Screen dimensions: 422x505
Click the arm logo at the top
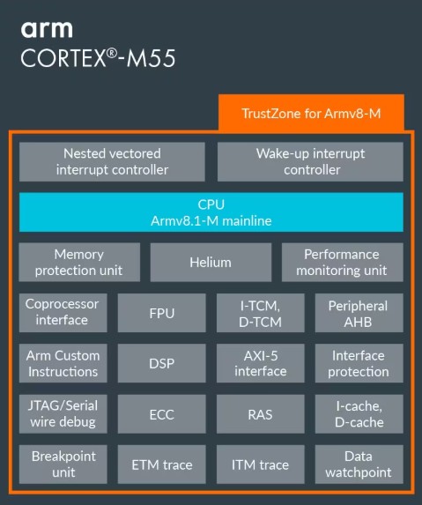pos(47,30)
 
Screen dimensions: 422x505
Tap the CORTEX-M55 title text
pos(98,58)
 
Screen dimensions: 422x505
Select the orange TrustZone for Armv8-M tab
pos(311,113)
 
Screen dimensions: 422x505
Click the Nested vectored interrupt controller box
pos(112,161)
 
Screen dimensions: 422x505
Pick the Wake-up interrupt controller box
pos(310,161)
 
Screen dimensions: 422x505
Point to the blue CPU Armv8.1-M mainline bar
pos(211,212)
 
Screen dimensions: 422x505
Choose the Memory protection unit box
pos(79,262)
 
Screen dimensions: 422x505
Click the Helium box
pos(211,262)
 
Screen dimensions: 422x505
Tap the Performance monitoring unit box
pos(343,262)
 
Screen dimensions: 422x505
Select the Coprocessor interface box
pos(63,313)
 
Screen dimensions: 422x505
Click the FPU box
pos(161,313)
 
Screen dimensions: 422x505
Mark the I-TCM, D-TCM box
pos(261,313)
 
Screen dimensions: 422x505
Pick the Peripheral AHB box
pos(359,313)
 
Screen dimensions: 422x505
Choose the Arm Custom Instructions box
pos(63,363)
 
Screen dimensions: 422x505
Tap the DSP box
pos(161,363)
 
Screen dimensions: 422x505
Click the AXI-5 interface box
pos(261,363)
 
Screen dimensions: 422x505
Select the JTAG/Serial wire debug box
pos(63,414)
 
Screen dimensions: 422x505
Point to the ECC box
pos(161,414)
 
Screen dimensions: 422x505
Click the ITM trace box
pos(261,464)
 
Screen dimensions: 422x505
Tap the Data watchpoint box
pos(359,464)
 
